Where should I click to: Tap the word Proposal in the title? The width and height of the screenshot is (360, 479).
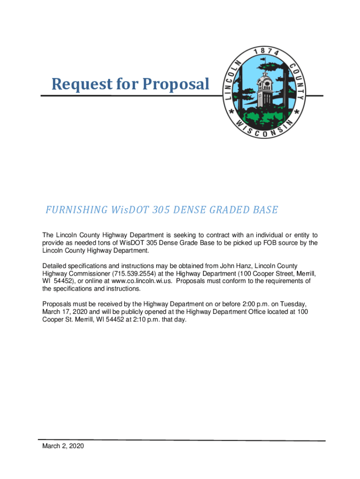[176, 84]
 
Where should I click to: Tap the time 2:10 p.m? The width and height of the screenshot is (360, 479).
[140, 319]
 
